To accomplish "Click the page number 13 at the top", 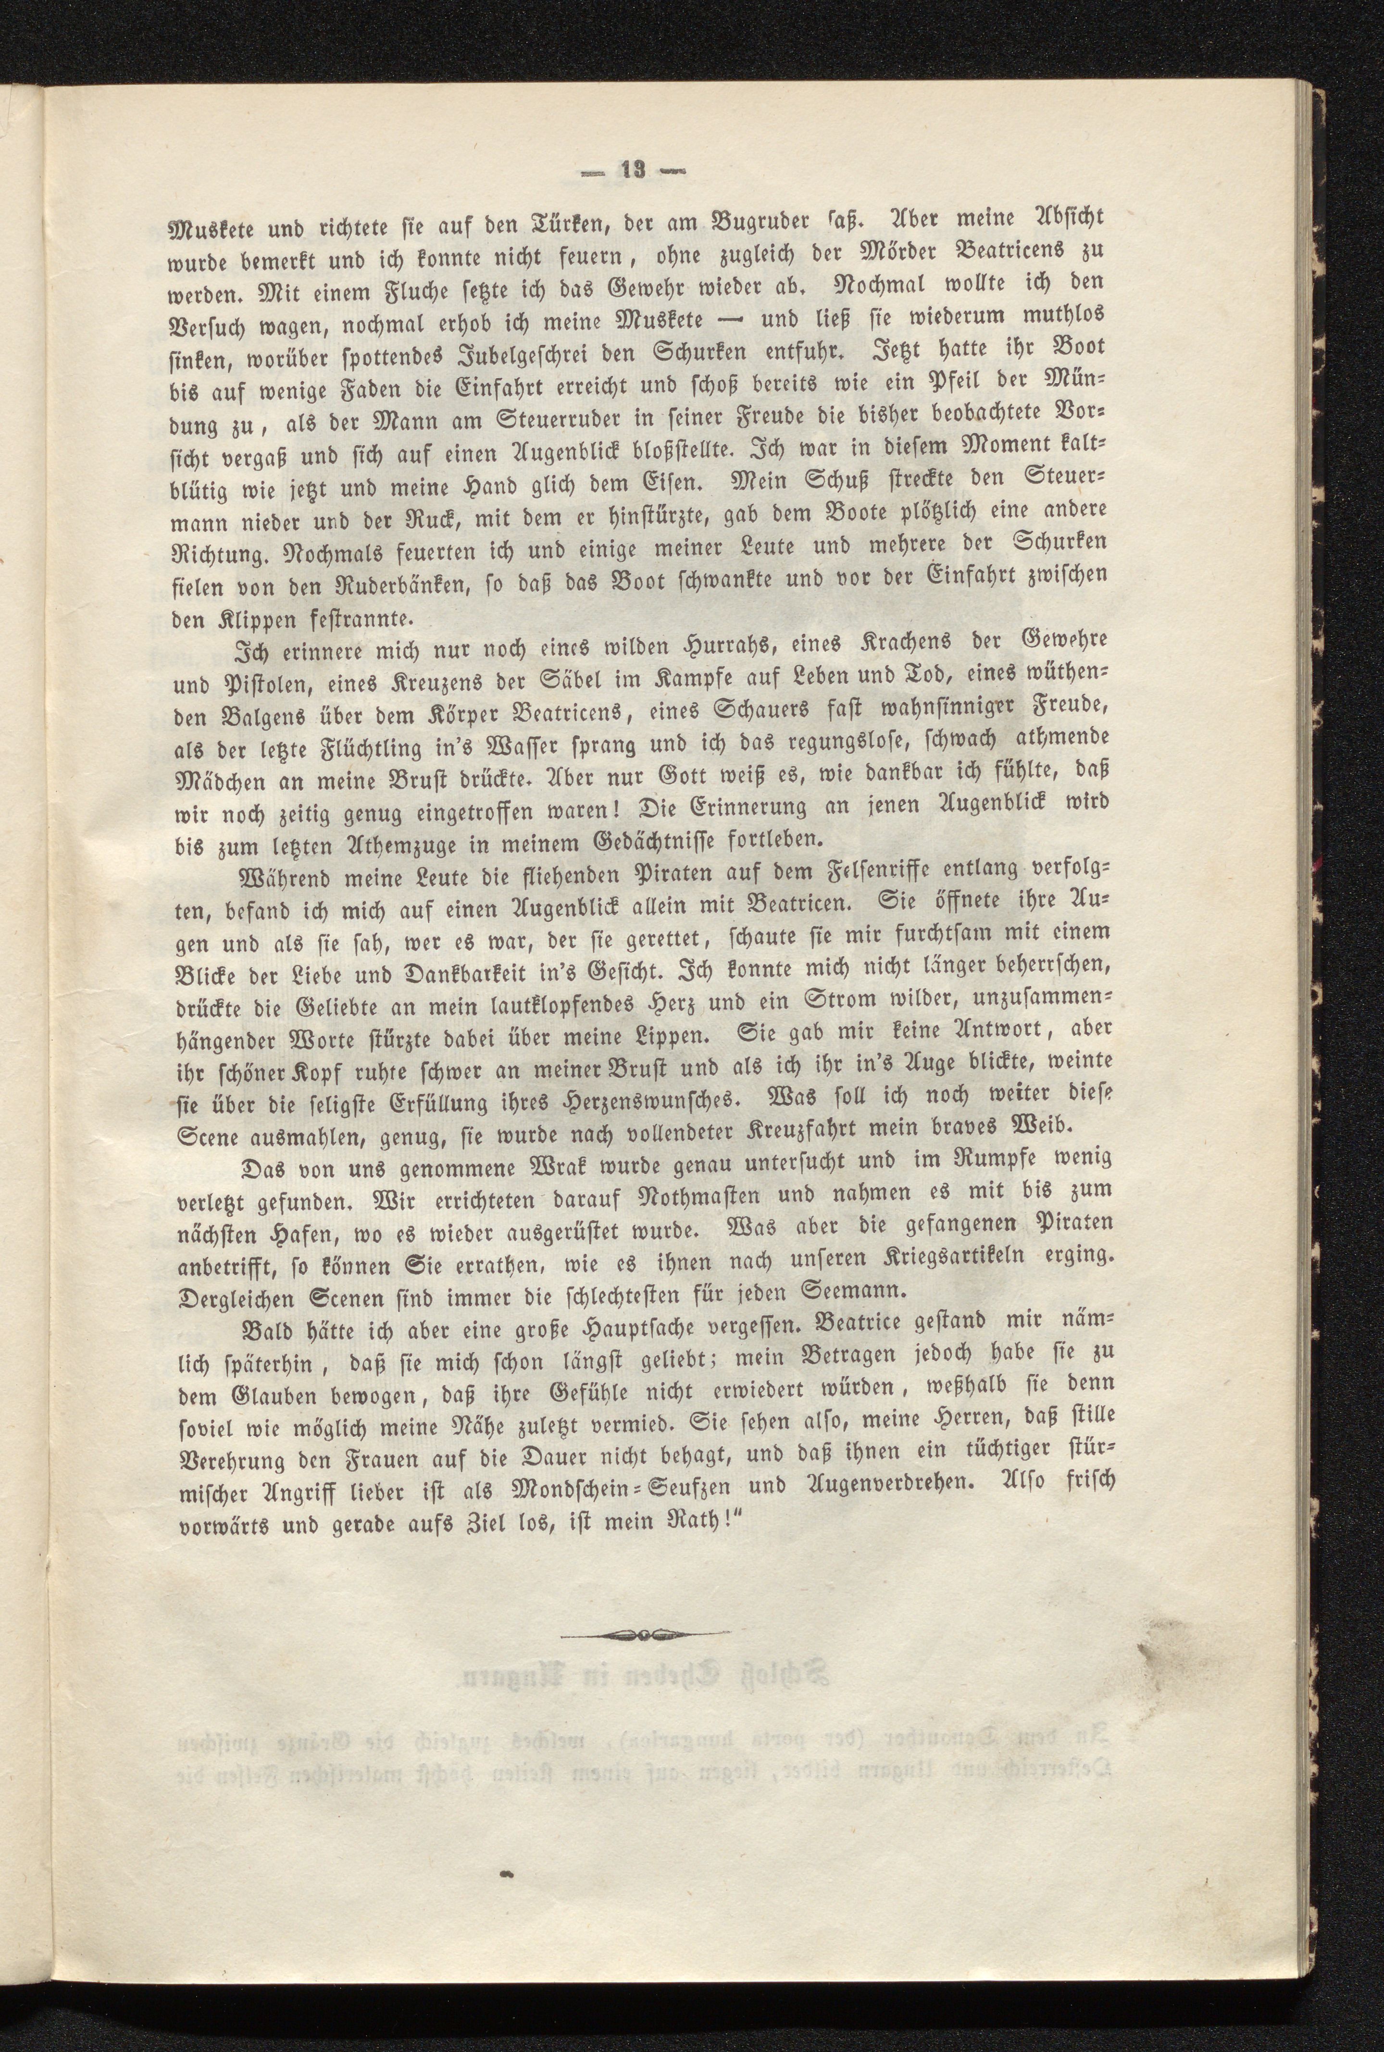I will tap(634, 170).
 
